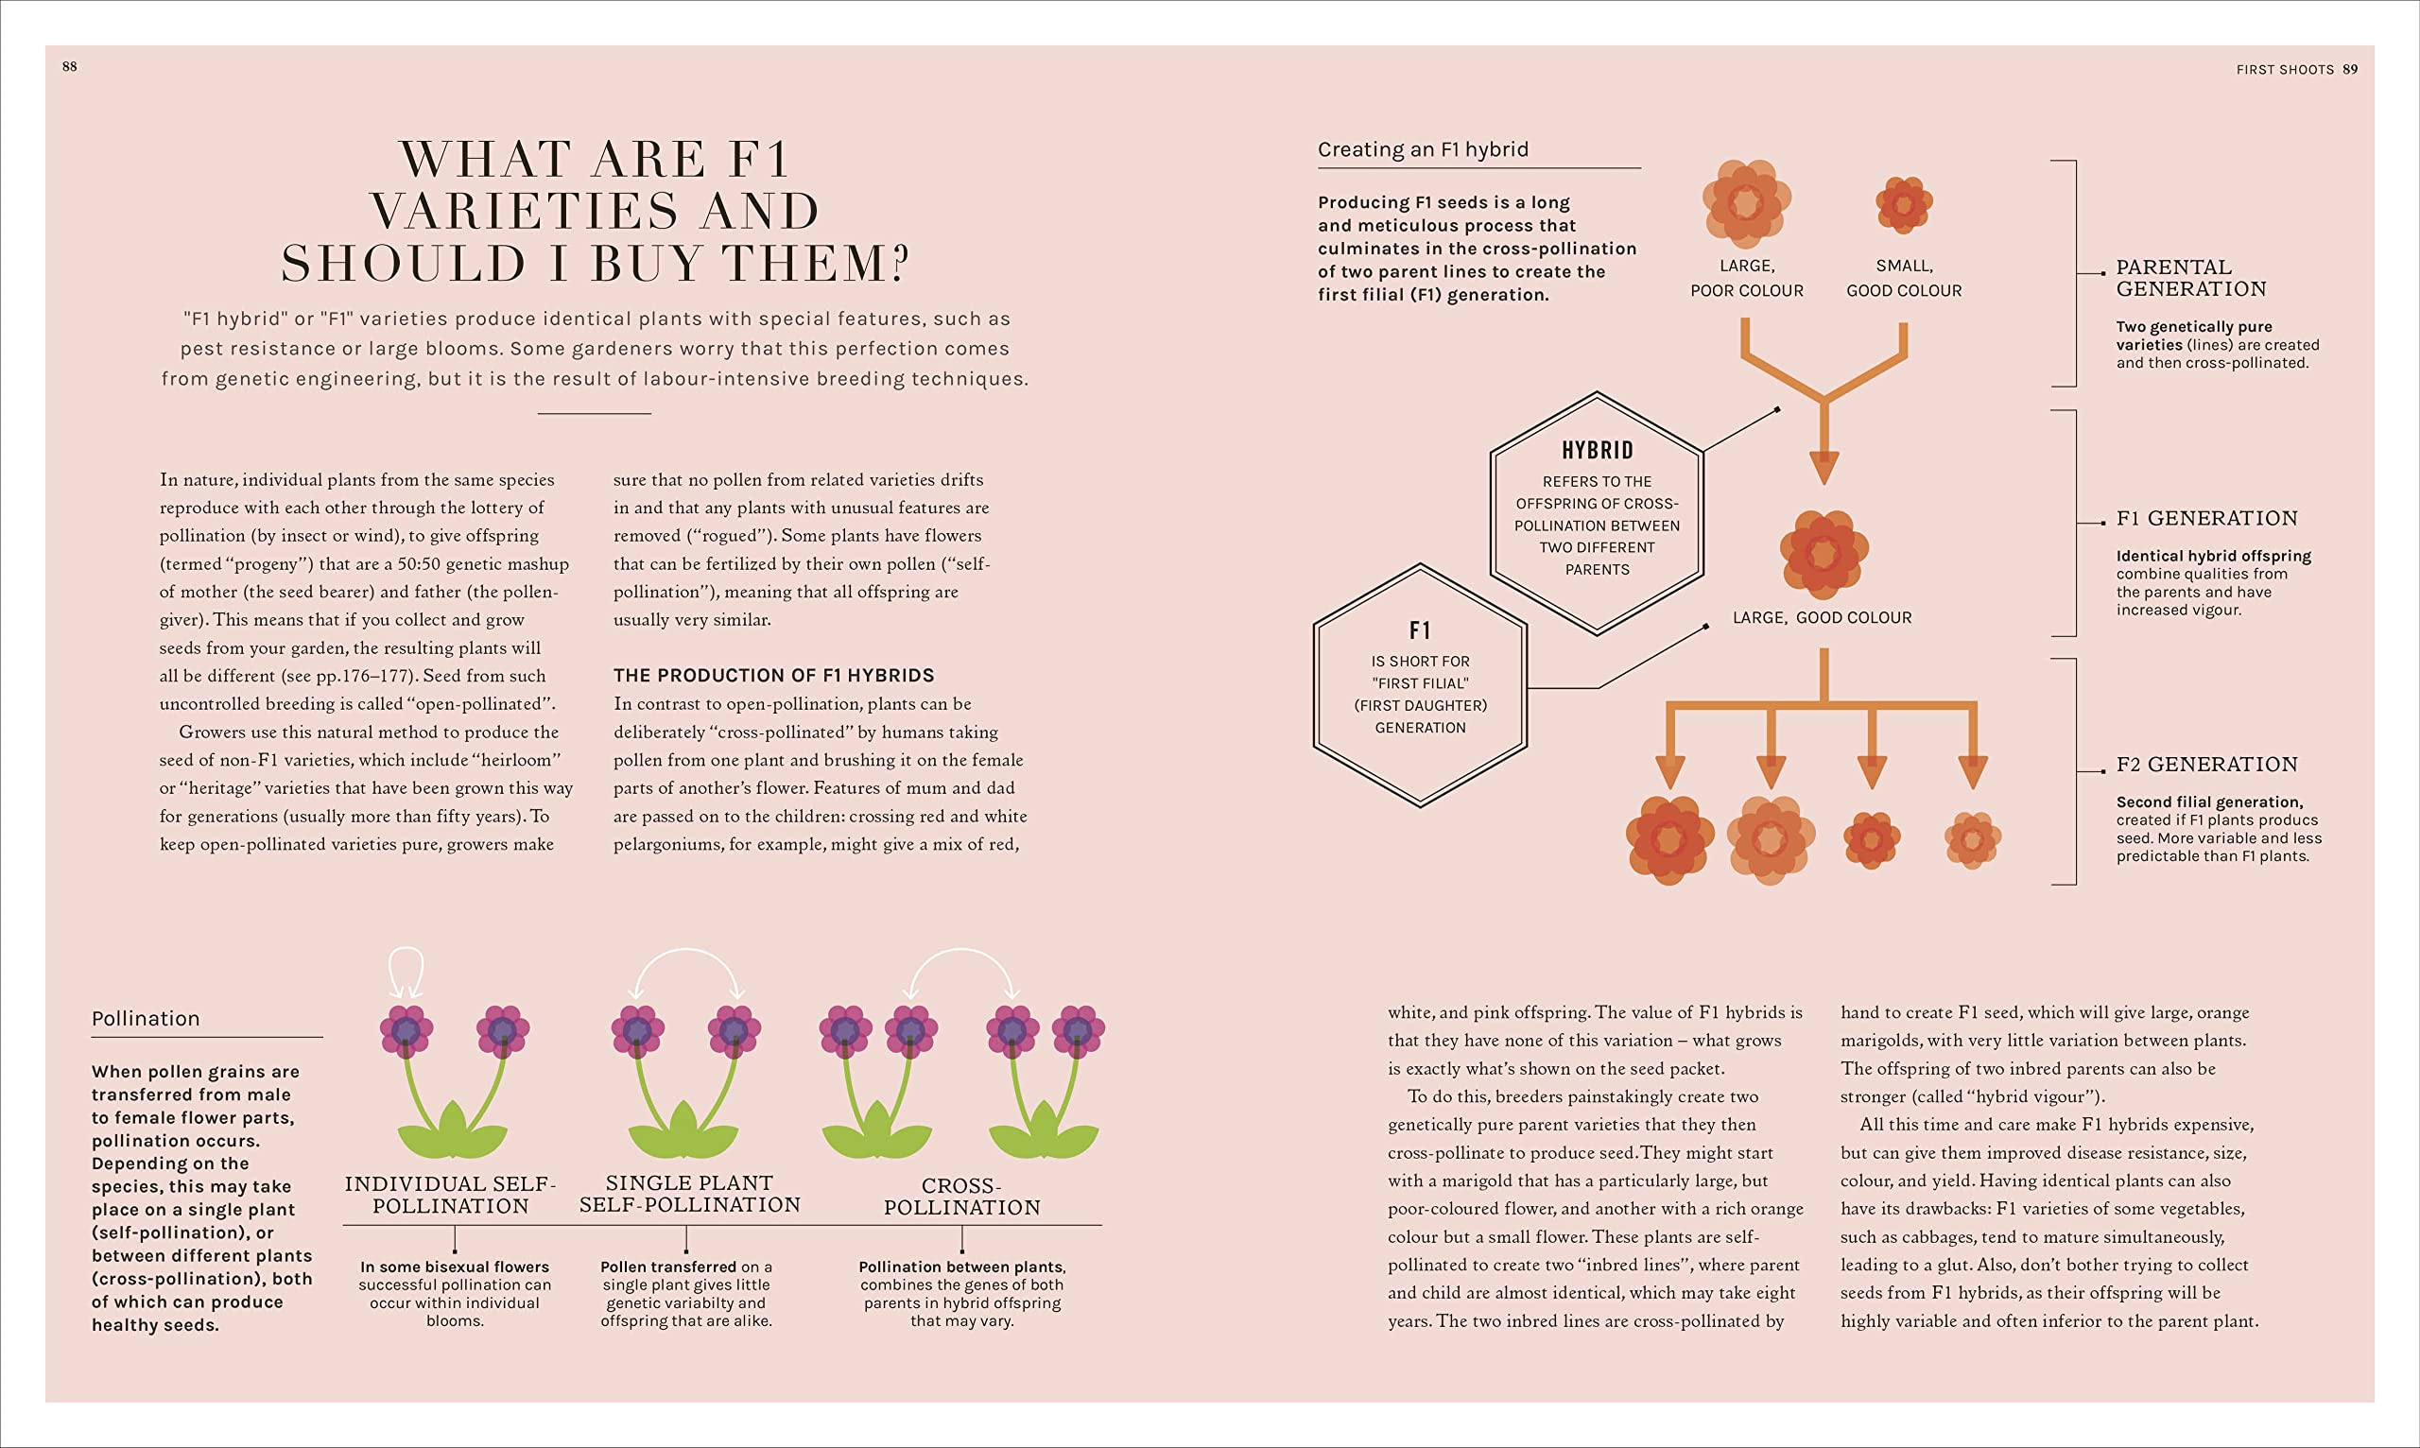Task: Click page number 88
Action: tap(69, 66)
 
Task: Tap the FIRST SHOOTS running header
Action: tap(2285, 69)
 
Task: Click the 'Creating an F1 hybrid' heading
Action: tap(1423, 149)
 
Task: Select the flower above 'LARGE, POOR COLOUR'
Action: tap(1746, 203)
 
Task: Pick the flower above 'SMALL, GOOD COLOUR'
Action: tap(1904, 205)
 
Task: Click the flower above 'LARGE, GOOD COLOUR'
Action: tap(1823, 553)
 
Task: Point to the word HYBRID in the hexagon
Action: tap(1597, 450)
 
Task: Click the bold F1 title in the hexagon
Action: tap(1420, 630)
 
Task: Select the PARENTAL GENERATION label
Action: tap(2189, 278)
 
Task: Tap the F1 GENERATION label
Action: tap(2206, 518)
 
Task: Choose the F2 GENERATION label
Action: tap(2206, 764)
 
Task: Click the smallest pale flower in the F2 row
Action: tap(1972, 839)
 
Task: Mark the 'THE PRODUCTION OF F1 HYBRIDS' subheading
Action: tap(773, 675)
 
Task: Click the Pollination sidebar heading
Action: tap(146, 1019)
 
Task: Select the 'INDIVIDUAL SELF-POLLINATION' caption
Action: tap(450, 1196)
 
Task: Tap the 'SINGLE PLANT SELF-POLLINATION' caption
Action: tap(689, 1195)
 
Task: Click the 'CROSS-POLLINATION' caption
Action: tap(962, 1198)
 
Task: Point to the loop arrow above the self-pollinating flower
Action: tap(406, 971)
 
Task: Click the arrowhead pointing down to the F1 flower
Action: tap(1823, 467)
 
